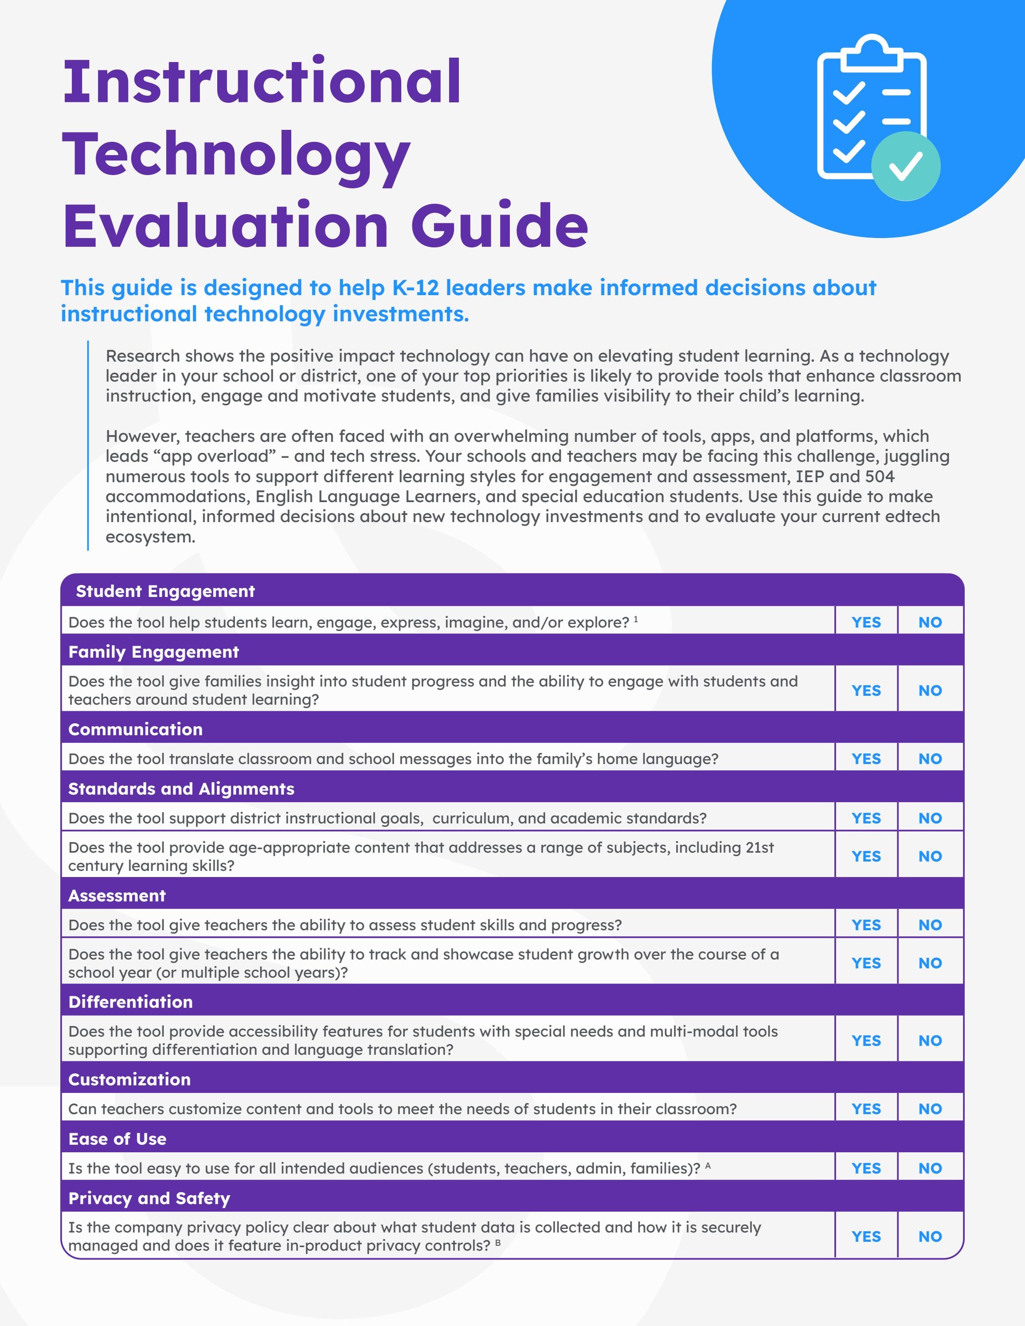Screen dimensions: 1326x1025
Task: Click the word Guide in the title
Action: pos(499,226)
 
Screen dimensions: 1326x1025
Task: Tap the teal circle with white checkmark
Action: pos(905,166)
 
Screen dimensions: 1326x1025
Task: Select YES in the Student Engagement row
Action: pos(866,622)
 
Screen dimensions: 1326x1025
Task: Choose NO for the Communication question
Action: pos(930,759)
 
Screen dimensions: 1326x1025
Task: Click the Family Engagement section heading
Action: pos(154,652)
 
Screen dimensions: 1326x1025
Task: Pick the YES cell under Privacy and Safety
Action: pos(866,1237)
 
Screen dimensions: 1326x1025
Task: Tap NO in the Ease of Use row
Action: pos(930,1168)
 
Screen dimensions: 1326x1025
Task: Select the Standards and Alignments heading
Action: pos(181,789)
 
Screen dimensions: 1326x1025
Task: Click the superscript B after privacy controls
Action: pos(498,1243)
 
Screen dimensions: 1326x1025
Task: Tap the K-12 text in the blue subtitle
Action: pos(415,288)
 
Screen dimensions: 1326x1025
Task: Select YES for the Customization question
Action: pos(866,1109)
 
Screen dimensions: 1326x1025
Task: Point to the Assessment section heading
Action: pos(117,896)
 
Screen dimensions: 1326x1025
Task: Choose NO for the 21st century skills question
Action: pos(930,856)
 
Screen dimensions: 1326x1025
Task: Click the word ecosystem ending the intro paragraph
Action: pos(150,537)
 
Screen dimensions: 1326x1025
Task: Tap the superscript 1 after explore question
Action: pos(636,619)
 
